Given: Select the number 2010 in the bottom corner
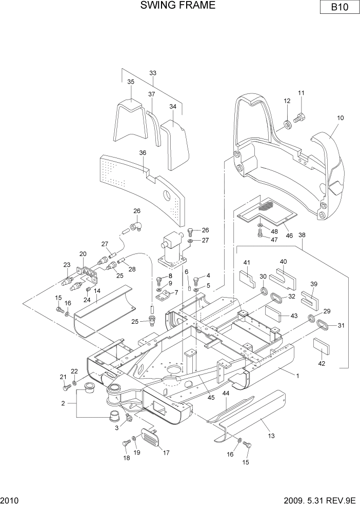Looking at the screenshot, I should tap(10, 500).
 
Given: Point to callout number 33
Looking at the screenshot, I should tap(153, 73).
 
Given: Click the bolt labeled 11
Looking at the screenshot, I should tap(301, 119).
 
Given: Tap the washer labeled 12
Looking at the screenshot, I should tap(287, 124).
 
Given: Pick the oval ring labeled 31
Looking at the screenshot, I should tap(323, 325).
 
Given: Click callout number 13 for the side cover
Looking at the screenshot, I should tap(271, 436).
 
